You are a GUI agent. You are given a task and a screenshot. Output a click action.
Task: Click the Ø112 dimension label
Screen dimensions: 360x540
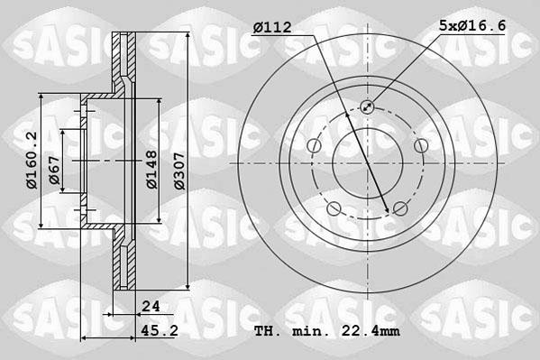271,28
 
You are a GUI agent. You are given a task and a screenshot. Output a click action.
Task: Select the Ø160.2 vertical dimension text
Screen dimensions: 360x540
32,160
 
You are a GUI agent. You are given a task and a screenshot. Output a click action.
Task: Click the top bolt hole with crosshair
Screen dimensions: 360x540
367,107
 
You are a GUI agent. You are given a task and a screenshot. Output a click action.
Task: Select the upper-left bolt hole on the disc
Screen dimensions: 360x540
313,146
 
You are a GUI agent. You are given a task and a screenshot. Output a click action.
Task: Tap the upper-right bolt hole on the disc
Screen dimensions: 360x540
421,146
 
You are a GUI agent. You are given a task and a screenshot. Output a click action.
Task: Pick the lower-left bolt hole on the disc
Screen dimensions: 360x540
334,209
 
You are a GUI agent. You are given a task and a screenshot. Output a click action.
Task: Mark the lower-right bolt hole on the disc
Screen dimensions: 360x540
400,209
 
